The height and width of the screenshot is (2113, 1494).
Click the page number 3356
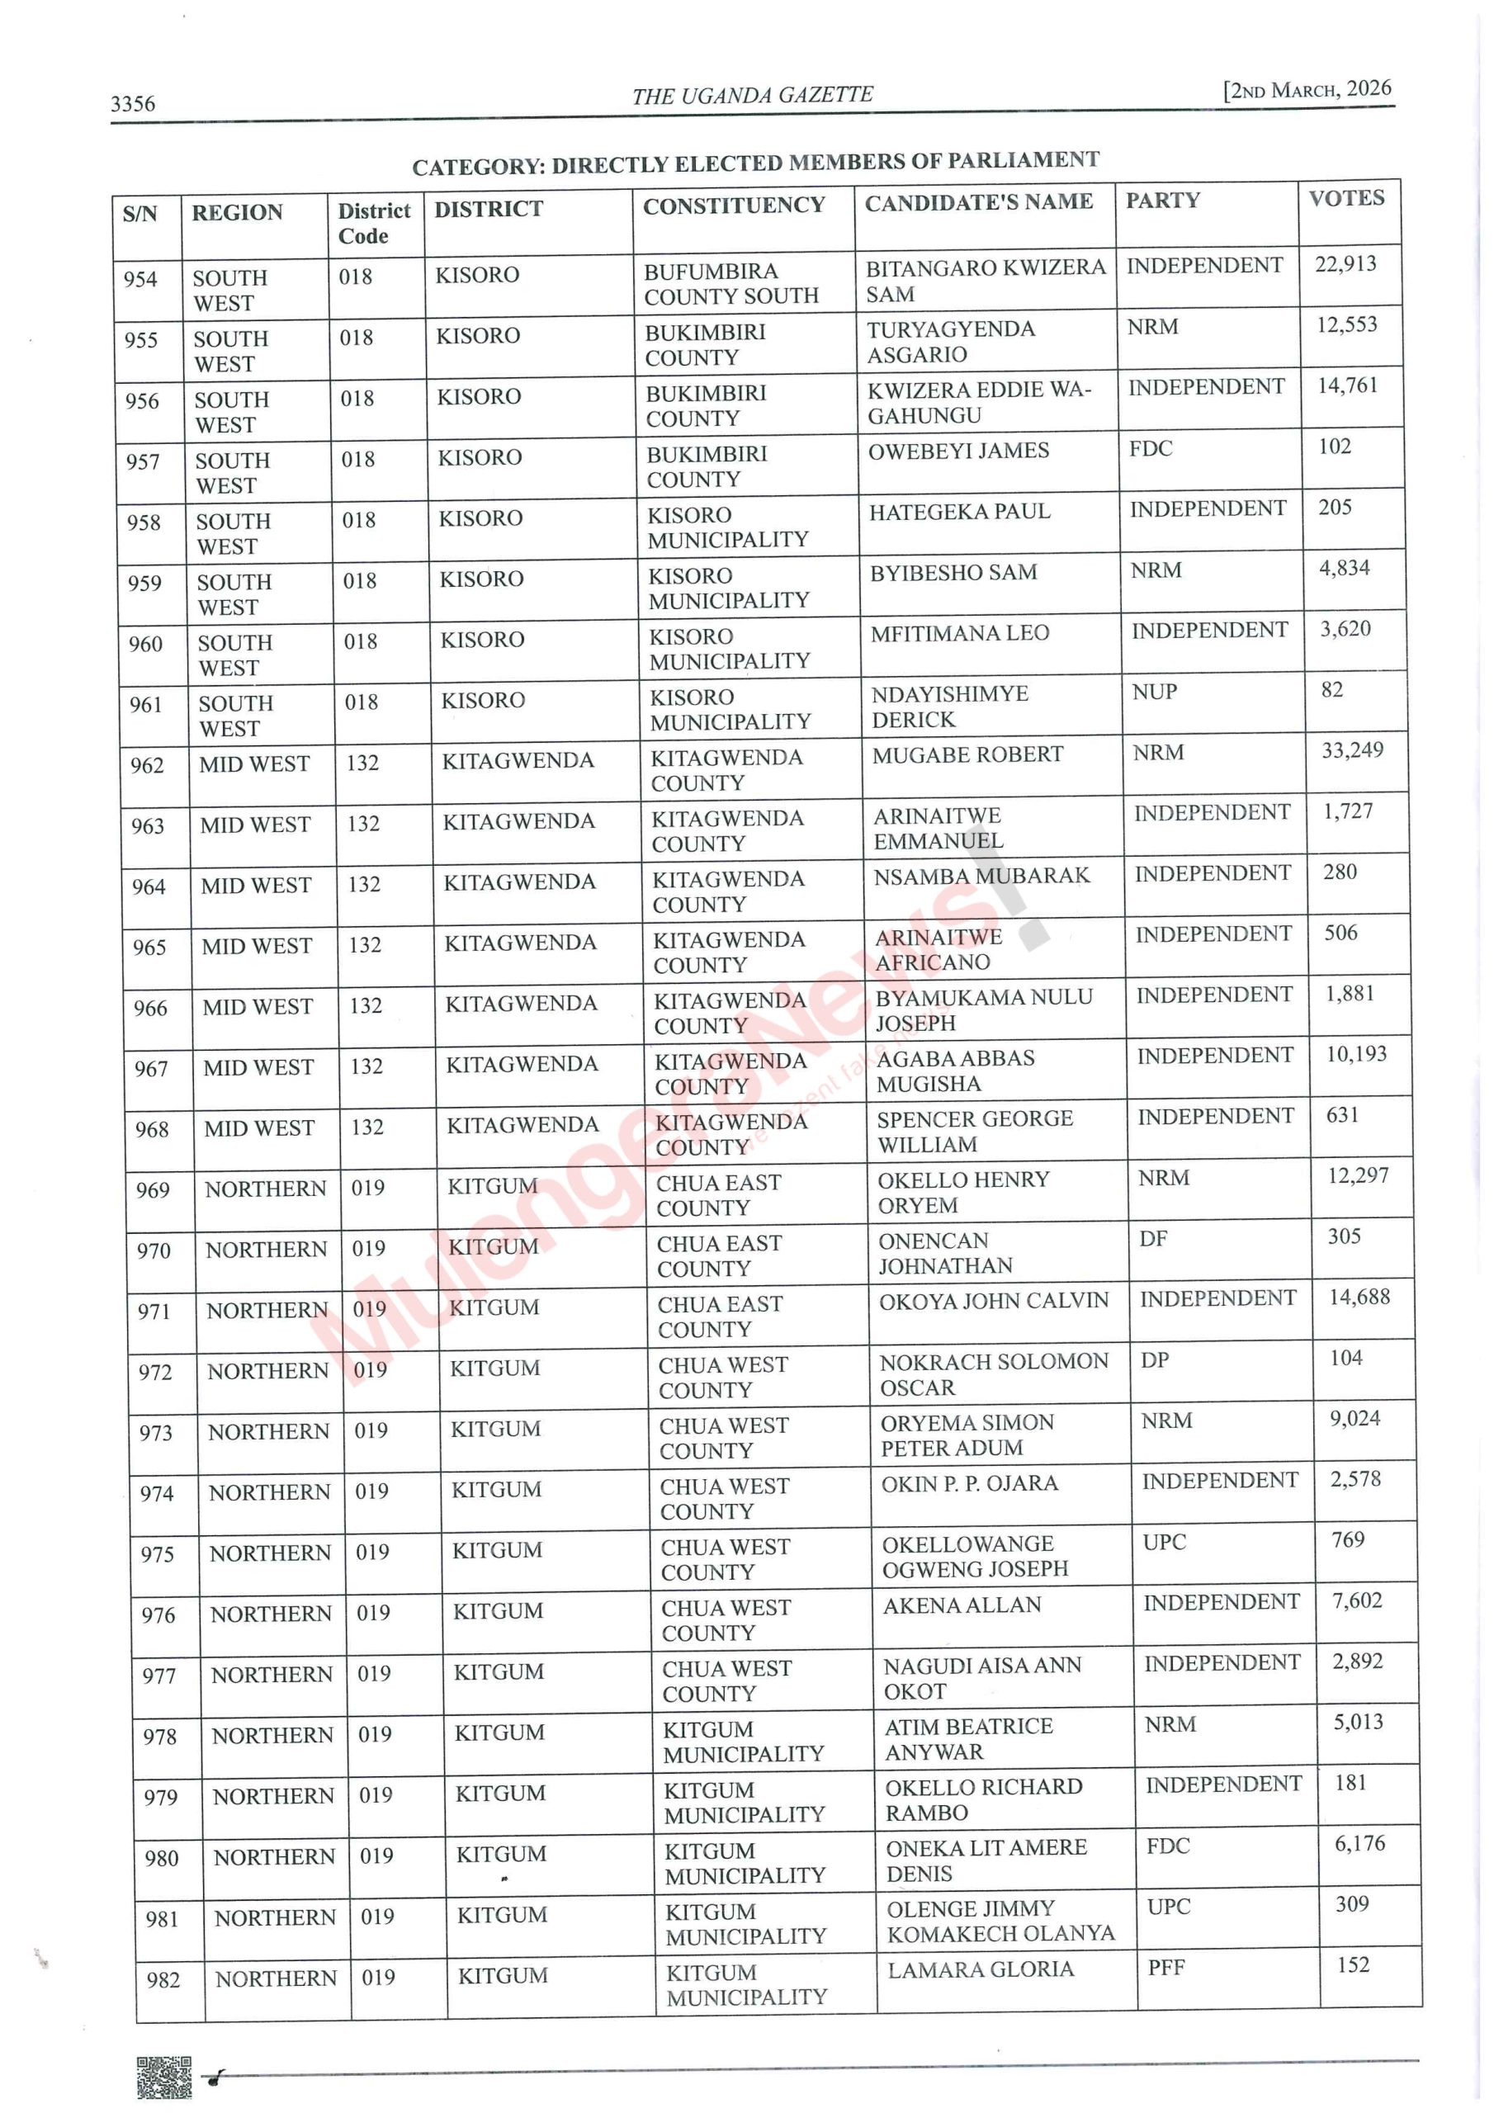(x=133, y=103)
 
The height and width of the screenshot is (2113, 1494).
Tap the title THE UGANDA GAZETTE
(x=752, y=95)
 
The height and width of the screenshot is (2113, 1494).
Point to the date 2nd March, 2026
(x=1307, y=89)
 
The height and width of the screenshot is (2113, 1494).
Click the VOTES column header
(x=1345, y=198)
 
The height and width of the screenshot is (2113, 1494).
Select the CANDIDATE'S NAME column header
(x=978, y=201)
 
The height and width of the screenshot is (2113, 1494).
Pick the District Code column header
(x=374, y=223)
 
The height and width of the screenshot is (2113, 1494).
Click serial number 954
(x=141, y=279)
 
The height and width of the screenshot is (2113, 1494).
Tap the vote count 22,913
(x=1345, y=264)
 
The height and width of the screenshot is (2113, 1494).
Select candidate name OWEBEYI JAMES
(x=958, y=451)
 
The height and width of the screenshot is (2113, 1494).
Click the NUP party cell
(x=1154, y=691)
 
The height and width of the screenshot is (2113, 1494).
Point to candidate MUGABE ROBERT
(x=967, y=754)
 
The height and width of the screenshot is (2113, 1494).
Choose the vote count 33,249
(x=1352, y=750)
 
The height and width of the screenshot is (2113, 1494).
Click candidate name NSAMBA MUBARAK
(x=981, y=875)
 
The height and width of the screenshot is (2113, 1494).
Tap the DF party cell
(x=1152, y=1239)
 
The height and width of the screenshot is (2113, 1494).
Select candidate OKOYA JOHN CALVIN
(x=993, y=1300)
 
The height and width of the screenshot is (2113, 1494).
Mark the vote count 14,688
(x=1359, y=1297)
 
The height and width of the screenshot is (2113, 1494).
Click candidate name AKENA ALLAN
(x=962, y=1605)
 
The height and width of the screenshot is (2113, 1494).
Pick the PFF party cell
(x=1166, y=1968)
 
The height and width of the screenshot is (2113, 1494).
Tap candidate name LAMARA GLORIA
(x=981, y=1969)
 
